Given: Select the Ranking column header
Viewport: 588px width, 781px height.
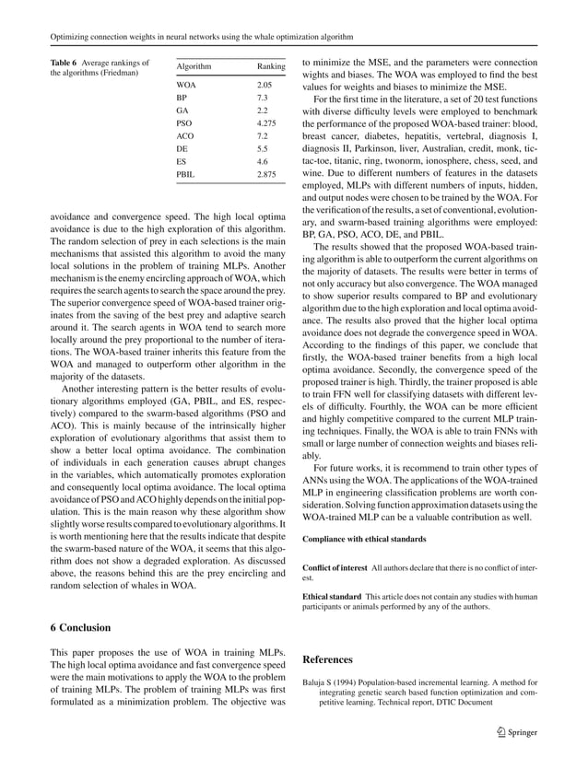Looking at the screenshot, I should [271, 67].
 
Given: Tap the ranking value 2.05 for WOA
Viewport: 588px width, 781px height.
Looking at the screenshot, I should [265, 85].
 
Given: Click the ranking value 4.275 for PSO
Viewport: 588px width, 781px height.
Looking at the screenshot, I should [267, 122].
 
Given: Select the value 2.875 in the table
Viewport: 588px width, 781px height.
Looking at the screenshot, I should [267, 173].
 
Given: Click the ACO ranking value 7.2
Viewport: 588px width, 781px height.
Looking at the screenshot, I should [263, 135].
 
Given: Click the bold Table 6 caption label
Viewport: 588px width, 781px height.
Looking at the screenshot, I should [39, 61].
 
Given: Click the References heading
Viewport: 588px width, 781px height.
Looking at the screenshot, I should [327, 659].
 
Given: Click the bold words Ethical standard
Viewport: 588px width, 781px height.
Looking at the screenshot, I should [332, 597].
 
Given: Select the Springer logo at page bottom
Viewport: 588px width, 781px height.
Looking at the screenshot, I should [512, 733].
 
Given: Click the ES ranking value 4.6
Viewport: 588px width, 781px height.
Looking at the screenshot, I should [263, 160].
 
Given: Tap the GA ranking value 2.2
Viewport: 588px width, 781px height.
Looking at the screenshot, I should [263, 111].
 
